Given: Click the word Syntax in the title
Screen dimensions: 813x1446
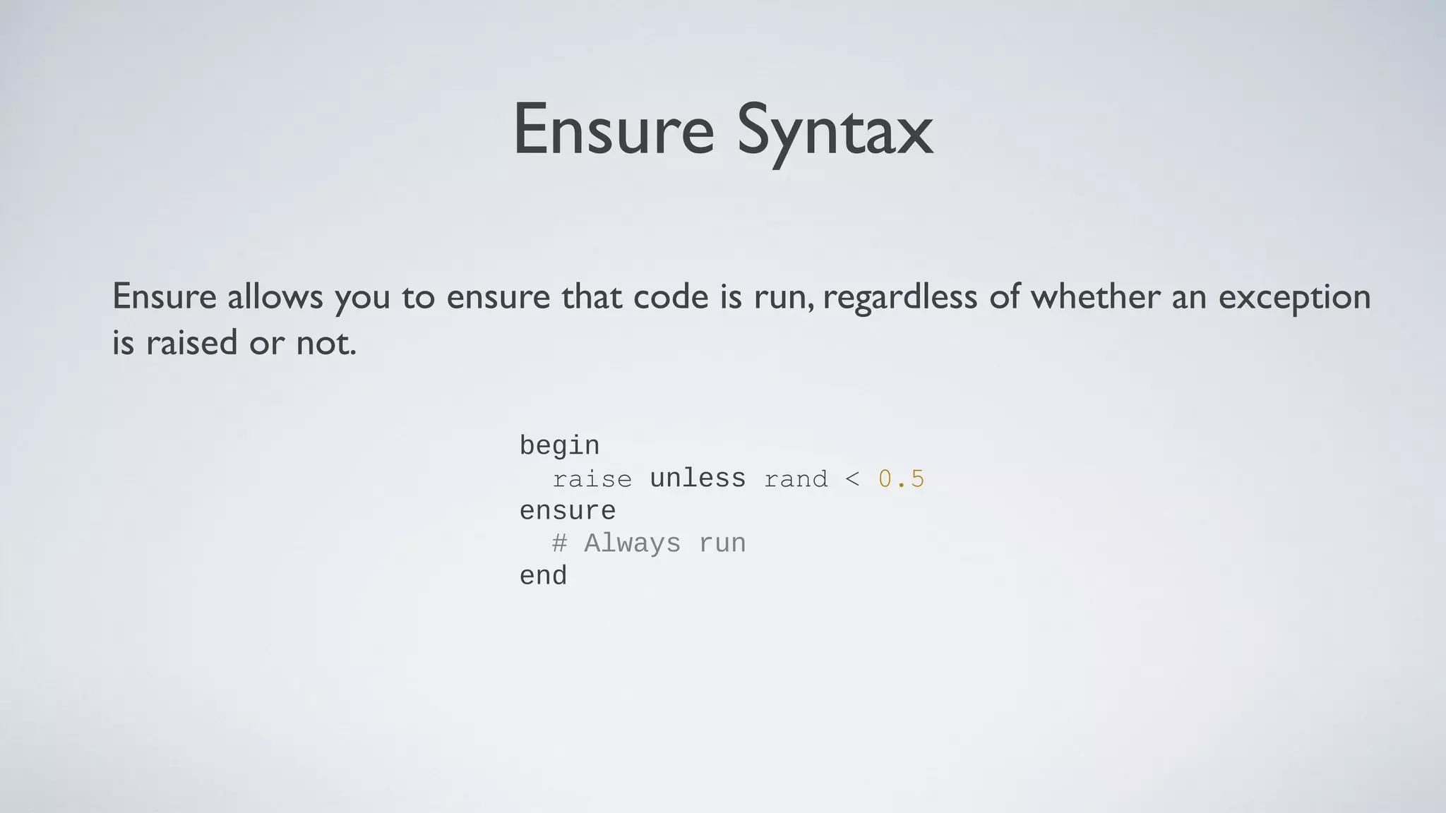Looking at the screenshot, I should tap(835, 131).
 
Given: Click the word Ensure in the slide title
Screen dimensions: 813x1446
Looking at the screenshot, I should tap(613, 131).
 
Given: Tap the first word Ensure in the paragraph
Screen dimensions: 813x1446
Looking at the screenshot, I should tap(164, 296).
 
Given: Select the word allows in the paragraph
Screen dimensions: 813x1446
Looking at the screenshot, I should tap(275, 296).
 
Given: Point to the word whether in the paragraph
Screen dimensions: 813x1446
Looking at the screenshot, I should tap(1095, 296).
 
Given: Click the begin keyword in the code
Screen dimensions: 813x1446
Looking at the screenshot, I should tap(559, 446).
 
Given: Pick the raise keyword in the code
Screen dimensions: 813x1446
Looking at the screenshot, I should tap(592, 479).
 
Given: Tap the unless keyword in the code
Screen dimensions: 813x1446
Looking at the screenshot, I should tap(697, 478).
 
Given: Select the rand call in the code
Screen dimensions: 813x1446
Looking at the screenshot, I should tap(796, 479).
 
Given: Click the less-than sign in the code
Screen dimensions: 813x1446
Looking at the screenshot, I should tap(852, 479).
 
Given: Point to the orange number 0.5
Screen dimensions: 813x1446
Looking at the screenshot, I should tap(901, 479).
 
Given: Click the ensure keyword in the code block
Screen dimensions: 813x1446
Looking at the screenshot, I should tap(567, 511).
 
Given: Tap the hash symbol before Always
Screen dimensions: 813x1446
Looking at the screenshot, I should tap(559, 543).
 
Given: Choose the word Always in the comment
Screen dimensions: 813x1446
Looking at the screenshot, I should tap(632, 543).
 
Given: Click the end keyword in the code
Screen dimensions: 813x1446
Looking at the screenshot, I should tap(543, 576).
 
